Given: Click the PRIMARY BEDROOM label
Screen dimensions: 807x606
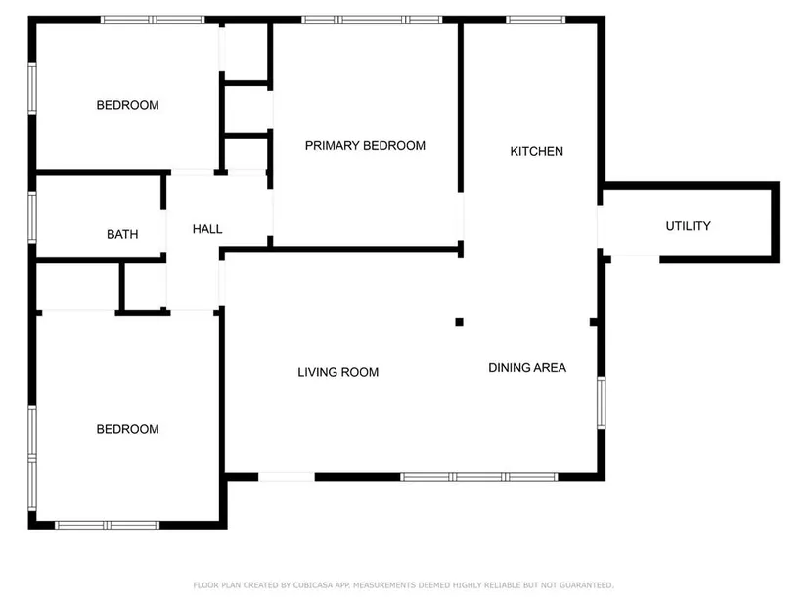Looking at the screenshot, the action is pos(365,146).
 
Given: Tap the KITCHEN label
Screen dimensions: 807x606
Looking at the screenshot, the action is pos(536,151).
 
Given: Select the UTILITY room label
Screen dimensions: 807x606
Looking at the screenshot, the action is pos(688,226).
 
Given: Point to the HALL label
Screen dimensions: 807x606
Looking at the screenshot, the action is pos(207,229).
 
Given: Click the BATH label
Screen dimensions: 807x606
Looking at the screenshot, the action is pos(122,234).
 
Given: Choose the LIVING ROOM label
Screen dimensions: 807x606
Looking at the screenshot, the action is pos(338,372).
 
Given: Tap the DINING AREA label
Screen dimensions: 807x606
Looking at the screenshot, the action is pos(527,368).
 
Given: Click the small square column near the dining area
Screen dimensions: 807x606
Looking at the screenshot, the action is pos(459,322).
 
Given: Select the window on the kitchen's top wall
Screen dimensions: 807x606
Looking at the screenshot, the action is pos(536,21).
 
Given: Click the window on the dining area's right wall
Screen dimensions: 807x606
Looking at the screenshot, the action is pos(602,402).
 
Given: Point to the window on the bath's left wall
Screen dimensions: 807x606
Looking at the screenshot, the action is pos(32,217).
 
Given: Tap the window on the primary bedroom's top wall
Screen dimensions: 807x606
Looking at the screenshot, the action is pos(372,21).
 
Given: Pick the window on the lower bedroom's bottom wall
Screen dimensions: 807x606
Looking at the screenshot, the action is pos(107,525).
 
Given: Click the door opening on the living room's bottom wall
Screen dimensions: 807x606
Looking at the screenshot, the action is pos(287,477).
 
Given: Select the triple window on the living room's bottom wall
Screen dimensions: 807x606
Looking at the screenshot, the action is pos(479,477).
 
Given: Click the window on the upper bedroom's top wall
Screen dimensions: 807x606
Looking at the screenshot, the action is pos(153,21).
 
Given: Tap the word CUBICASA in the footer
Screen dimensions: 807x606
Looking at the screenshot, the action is pos(313,585).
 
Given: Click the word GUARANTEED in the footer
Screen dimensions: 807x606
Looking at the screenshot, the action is pos(586,585).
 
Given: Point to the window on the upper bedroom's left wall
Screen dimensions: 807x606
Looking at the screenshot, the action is pos(32,88).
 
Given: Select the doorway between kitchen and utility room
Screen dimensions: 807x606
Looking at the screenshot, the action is pos(600,227).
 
